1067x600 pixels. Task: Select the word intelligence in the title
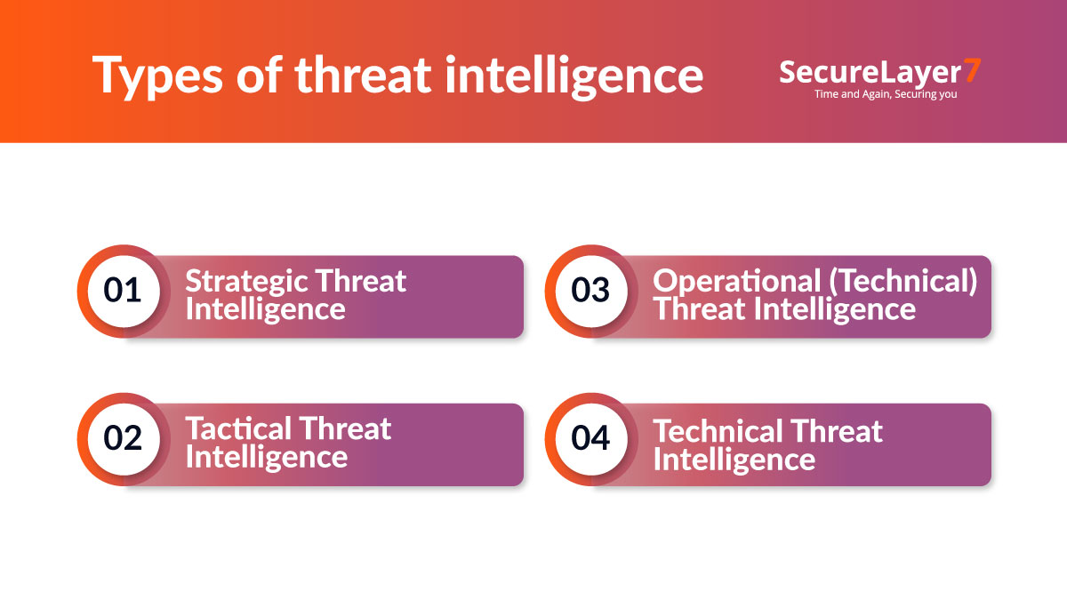click(x=574, y=76)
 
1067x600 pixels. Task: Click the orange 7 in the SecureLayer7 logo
click(x=972, y=71)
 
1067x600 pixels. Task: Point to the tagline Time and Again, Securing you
click(x=886, y=93)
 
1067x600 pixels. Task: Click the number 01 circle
click(x=123, y=291)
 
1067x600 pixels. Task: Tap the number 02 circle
click(x=123, y=438)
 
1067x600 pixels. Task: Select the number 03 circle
click(x=590, y=291)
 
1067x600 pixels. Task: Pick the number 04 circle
click(x=590, y=438)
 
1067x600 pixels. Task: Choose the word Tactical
click(x=234, y=429)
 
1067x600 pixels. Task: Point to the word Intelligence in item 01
click(x=265, y=309)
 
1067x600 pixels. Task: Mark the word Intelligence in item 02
click(x=265, y=457)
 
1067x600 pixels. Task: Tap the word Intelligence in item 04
click(x=734, y=459)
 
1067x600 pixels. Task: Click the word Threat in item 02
click(x=343, y=429)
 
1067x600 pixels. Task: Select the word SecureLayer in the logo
click(x=869, y=72)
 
